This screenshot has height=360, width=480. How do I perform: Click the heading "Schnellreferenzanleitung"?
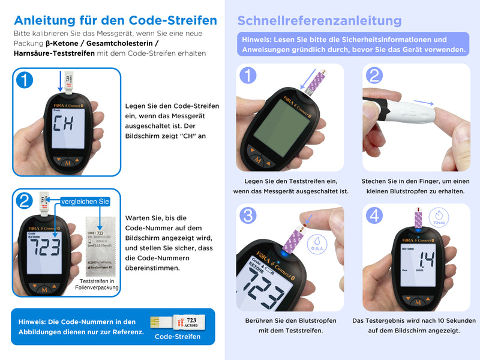pyautogui.click(x=319, y=20)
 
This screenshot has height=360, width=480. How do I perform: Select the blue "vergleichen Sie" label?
pyautogui.click(x=85, y=201)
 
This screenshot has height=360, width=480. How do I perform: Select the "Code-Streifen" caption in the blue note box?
pyautogui.click(x=178, y=337)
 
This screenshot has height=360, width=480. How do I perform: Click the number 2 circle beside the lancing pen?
pyautogui.click(x=374, y=76)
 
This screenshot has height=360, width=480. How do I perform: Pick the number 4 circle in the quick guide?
pyautogui.click(x=374, y=215)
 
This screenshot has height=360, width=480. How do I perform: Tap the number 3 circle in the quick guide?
pyautogui.click(x=248, y=215)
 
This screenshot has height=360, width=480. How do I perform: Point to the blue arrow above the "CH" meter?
pyautogui.click(x=60, y=80)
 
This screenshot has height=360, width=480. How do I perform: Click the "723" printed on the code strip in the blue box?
pyautogui.click(x=191, y=320)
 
